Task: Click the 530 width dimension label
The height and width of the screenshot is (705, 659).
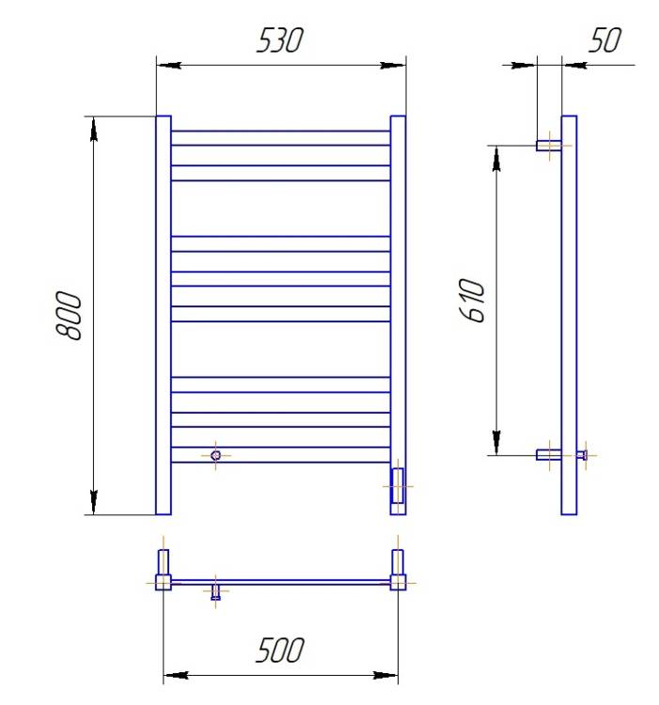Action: (x=280, y=40)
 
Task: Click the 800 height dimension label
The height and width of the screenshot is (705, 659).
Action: (x=69, y=315)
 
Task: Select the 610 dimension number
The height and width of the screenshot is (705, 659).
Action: (x=473, y=300)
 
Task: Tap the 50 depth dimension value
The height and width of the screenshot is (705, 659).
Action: (x=604, y=40)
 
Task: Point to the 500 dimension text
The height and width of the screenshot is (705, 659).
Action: (x=280, y=650)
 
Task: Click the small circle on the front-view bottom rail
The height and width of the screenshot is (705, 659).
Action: (x=216, y=455)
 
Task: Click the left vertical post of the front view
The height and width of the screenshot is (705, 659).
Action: (x=164, y=315)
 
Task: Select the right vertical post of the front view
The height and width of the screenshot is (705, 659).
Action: (x=398, y=315)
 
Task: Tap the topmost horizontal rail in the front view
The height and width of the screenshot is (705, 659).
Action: (x=280, y=138)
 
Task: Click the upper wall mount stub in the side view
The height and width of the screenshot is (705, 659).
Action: (x=549, y=146)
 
